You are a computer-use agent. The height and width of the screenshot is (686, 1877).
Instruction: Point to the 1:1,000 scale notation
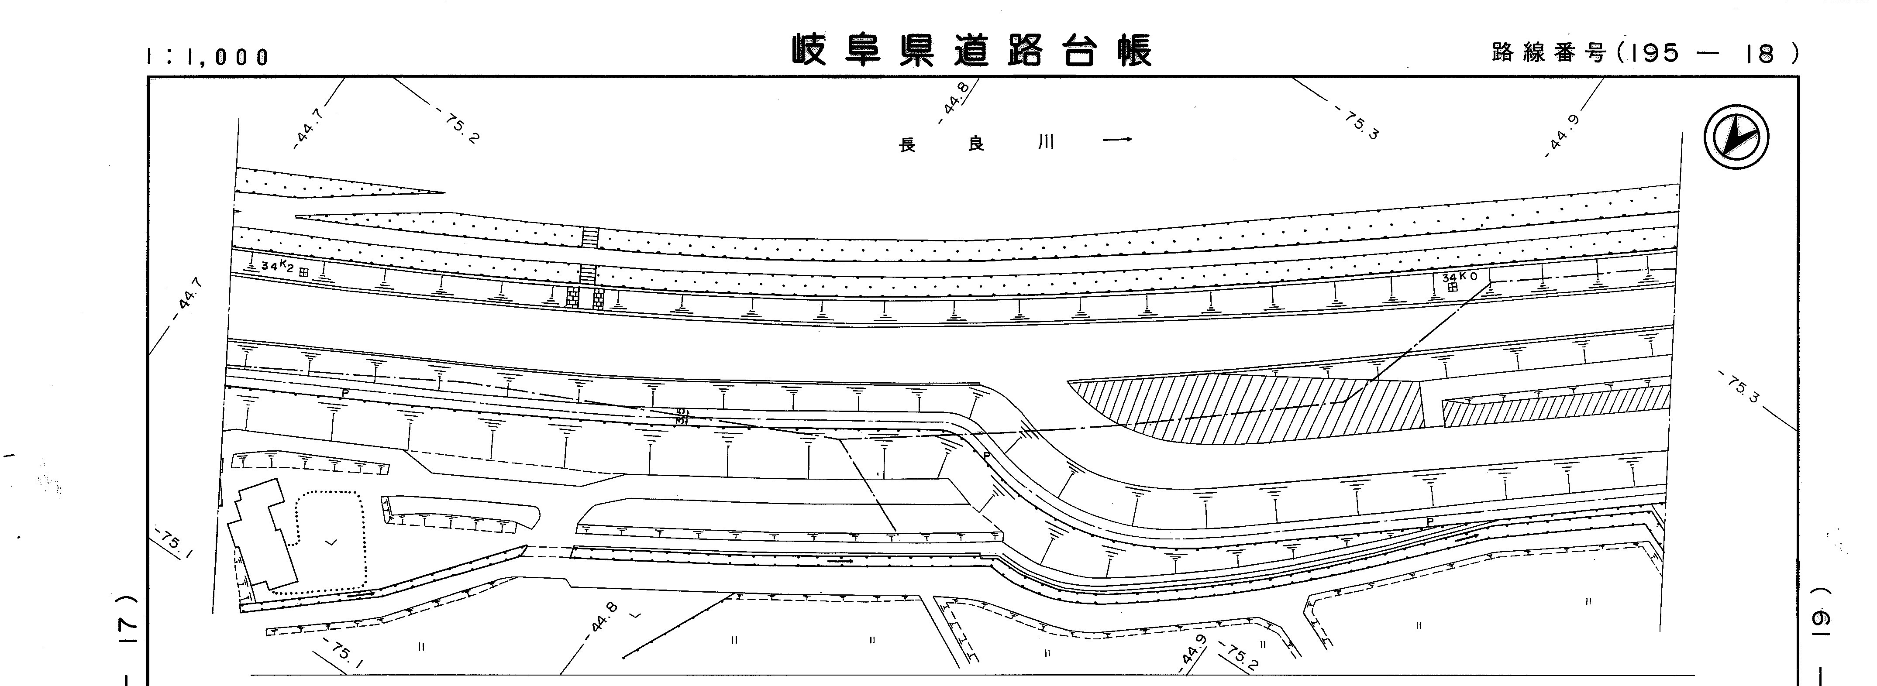pyautogui.click(x=208, y=57)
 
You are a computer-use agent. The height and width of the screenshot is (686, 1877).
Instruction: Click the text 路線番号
pyautogui.click(x=1548, y=52)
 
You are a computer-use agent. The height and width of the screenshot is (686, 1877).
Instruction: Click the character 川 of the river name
pyautogui.click(x=1046, y=143)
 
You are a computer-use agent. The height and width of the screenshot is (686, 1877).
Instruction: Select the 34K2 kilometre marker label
pyautogui.click(x=277, y=267)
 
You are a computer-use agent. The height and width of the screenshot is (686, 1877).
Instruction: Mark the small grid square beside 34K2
pyautogui.click(x=303, y=271)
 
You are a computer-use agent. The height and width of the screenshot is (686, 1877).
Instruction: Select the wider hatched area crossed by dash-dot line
pyautogui.click(x=1253, y=408)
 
